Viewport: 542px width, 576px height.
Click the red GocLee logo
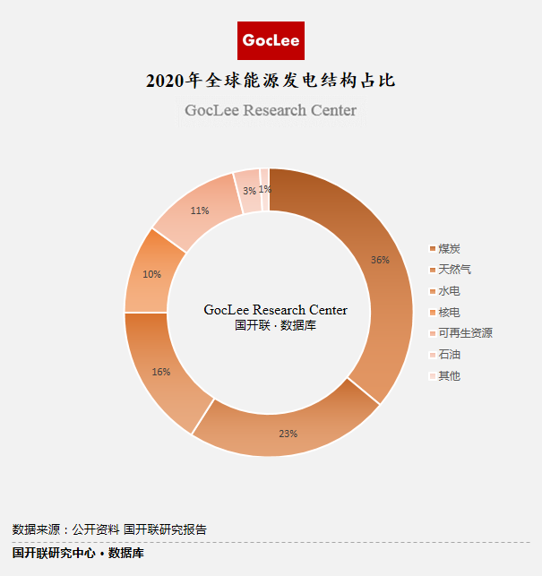tap(271, 41)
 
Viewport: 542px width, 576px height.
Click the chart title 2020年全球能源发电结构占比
tap(271, 82)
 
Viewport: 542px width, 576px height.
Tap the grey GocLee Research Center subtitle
tap(271, 110)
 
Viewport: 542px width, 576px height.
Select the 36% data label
tap(380, 260)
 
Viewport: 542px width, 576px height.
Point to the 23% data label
tap(288, 434)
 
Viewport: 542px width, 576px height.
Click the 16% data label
tap(161, 372)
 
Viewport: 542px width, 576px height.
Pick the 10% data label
tap(152, 274)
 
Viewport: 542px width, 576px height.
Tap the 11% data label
tap(200, 211)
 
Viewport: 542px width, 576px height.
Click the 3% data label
tap(249, 190)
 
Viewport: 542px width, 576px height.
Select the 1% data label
tap(265, 189)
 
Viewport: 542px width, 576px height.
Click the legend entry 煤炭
tap(450, 248)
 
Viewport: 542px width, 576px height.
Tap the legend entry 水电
tap(450, 291)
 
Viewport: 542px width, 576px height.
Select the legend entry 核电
tap(450, 312)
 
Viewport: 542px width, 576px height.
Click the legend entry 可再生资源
tap(465, 333)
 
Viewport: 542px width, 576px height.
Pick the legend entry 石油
tap(450, 355)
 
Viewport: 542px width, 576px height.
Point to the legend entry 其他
tap(450, 376)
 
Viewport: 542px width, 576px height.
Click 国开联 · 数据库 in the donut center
tap(275, 326)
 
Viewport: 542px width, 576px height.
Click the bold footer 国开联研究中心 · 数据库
tap(78, 554)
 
